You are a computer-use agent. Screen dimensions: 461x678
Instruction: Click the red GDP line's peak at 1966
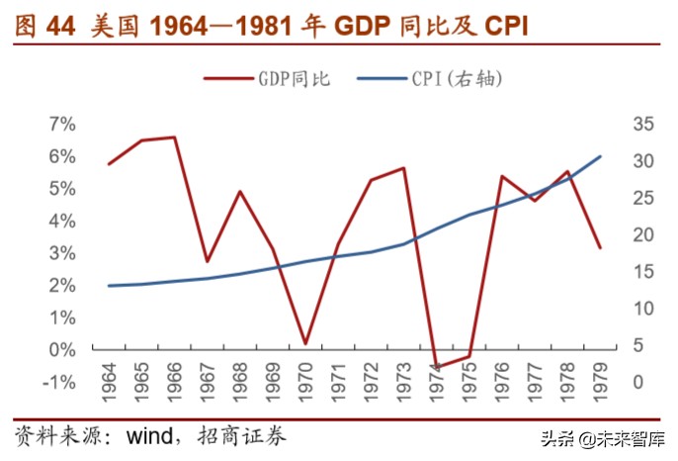[174, 138]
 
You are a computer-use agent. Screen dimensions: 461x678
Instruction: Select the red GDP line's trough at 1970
[305, 344]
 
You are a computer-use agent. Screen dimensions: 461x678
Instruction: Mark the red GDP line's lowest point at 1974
[436, 366]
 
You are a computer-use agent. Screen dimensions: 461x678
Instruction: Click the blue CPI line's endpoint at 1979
[600, 156]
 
